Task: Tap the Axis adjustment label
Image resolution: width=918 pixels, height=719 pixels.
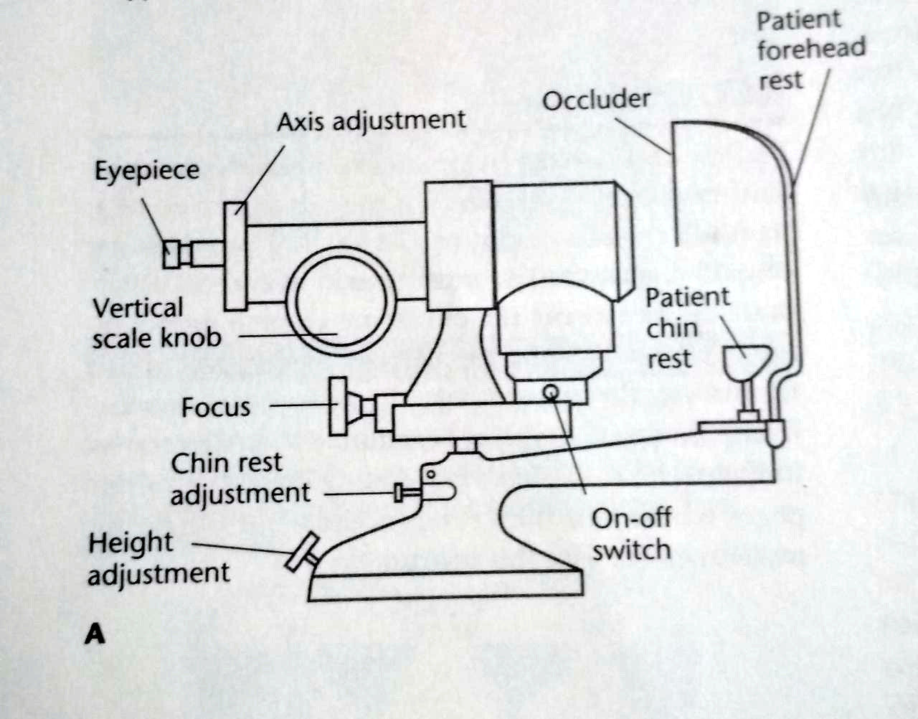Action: (x=371, y=121)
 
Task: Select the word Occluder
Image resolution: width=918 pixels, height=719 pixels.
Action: (x=596, y=100)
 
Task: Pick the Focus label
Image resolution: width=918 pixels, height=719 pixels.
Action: (x=215, y=408)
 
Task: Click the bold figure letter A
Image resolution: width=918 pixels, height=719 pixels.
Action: (x=95, y=634)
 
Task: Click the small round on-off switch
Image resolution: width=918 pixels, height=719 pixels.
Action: (x=551, y=392)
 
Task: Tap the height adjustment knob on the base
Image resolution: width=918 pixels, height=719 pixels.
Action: (x=300, y=553)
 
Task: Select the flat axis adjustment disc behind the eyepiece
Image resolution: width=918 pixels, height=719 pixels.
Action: (x=235, y=256)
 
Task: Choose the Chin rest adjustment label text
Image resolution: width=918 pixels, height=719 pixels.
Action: (x=240, y=479)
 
